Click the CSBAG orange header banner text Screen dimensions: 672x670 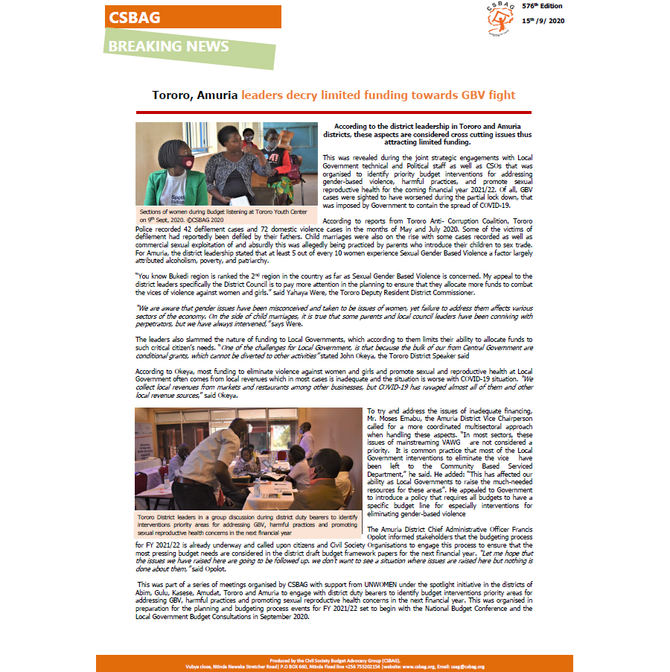[x=135, y=17]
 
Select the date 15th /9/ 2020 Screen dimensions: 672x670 [x=543, y=20]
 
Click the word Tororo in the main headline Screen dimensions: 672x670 [x=174, y=95]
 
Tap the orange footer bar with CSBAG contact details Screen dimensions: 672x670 [x=334, y=663]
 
